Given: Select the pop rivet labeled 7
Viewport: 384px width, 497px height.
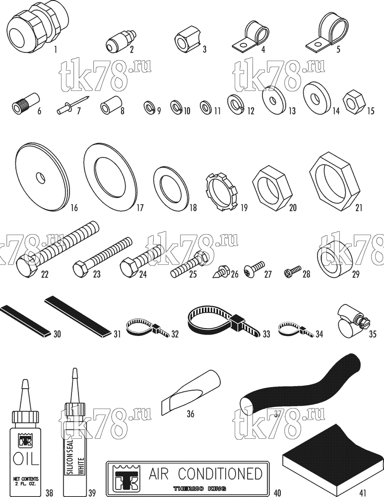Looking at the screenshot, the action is (x=72, y=104).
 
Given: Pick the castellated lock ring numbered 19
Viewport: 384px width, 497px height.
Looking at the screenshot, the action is (x=221, y=191).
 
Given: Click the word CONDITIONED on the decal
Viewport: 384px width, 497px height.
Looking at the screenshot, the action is (x=220, y=474).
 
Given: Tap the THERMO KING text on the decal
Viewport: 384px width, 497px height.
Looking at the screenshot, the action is (x=199, y=489).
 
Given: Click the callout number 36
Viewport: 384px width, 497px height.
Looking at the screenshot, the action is (x=191, y=414).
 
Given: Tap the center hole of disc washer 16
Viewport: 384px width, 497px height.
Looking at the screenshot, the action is (x=41, y=178).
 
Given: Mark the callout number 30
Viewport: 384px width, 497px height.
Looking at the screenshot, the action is (x=57, y=334).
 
